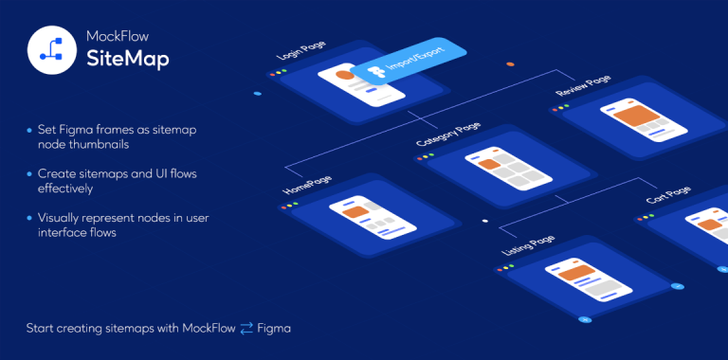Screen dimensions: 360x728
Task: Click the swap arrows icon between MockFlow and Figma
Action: click(247, 329)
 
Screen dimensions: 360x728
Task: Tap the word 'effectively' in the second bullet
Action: click(66, 189)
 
